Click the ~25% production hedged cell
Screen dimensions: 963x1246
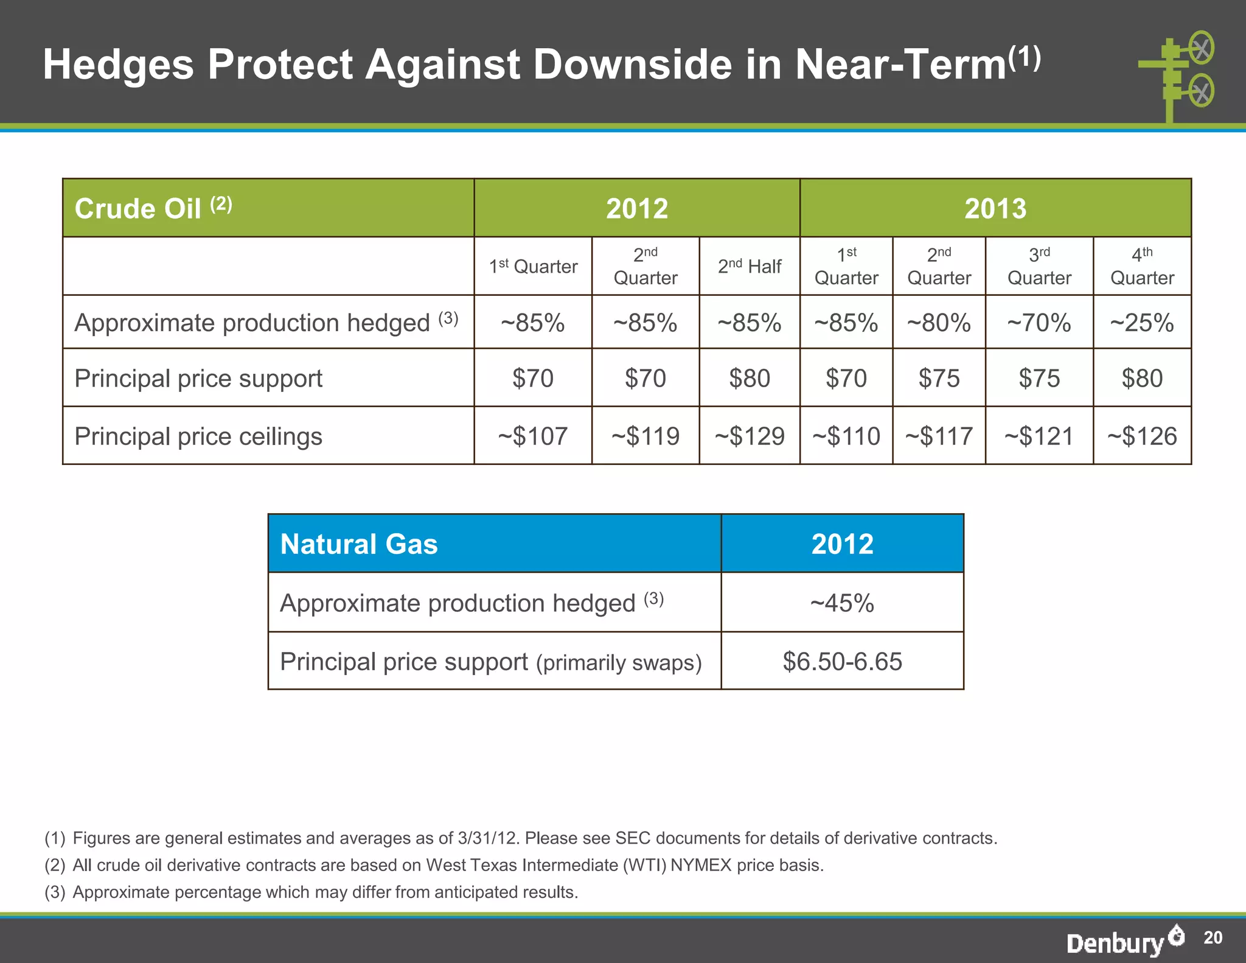click(x=1141, y=323)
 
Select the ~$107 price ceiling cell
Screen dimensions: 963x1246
click(x=532, y=436)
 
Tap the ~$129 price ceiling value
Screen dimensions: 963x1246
click(x=750, y=436)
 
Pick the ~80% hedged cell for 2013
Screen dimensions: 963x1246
click(x=939, y=323)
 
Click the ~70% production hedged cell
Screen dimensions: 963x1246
click(x=1039, y=323)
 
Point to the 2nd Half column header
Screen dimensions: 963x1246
click(x=750, y=267)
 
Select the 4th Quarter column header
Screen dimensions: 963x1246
click(x=1142, y=267)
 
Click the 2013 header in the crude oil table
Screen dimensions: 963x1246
click(x=995, y=208)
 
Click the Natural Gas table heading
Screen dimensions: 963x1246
click(x=359, y=544)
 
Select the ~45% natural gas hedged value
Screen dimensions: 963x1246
click(x=842, y=603)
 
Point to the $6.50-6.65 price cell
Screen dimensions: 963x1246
click(x=842, y=662)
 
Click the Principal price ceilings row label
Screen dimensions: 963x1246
click(x=198, y=436)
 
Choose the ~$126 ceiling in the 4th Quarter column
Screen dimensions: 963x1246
click(x=1142, y=436)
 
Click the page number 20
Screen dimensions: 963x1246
click(x=1213, y=938)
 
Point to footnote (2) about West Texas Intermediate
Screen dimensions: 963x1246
click(x=434, y=865)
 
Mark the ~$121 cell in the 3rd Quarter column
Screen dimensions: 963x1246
click(x=1039, y=436)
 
